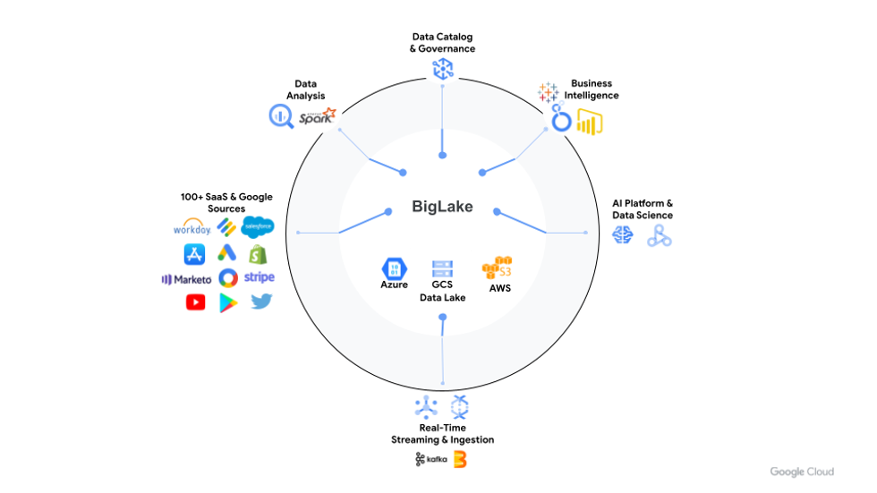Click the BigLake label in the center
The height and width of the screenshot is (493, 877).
442,208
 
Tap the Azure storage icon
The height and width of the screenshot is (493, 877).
394,268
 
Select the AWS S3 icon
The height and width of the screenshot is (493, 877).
498,268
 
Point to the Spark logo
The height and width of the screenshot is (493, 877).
317,116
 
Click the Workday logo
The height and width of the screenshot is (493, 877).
192,228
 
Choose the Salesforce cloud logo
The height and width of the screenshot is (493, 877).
257,227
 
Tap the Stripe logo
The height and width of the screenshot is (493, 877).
260,277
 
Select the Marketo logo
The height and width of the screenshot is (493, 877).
187,279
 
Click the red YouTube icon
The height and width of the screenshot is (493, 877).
195,302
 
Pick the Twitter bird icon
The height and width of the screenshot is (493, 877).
261,302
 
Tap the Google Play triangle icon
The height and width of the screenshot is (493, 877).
227,302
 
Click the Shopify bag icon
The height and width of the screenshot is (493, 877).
260,253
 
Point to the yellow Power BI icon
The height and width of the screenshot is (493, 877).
590,120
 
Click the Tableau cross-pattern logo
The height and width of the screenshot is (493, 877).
548,91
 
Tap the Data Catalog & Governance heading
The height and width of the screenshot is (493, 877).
442,42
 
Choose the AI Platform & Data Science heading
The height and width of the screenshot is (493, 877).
643,209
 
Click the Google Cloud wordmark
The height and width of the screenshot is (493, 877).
802,472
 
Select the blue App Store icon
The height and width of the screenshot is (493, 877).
195,254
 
